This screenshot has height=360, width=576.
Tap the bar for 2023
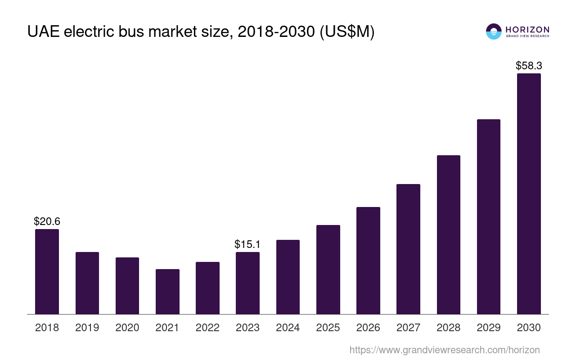(x=247, y=283)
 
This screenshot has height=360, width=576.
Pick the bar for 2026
(x=368, y=261)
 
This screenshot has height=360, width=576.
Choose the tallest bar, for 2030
(x=529, y=193)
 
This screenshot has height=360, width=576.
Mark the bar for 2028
(x=449, y=234)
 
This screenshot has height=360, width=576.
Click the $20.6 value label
(x=47, y=221)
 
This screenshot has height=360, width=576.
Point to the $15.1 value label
(x=247, y=244)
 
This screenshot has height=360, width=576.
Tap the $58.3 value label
(x=529, y=66)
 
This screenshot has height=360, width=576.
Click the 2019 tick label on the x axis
(x=87, y=328)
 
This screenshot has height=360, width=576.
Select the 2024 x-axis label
(x=288, y=328)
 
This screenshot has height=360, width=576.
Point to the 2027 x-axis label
(x=408, y=328)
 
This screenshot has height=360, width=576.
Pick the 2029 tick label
(x=489, y=328)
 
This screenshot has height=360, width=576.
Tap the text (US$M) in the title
(x=346, y=32)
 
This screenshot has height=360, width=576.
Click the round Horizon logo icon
(x=494, y=31)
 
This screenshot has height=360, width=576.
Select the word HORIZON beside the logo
(x=527, y=30)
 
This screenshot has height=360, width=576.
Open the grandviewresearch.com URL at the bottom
(x=445, y=350)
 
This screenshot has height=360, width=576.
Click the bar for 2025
(x=328, y=270)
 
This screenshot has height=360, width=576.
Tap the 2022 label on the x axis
(x=207, y=328)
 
